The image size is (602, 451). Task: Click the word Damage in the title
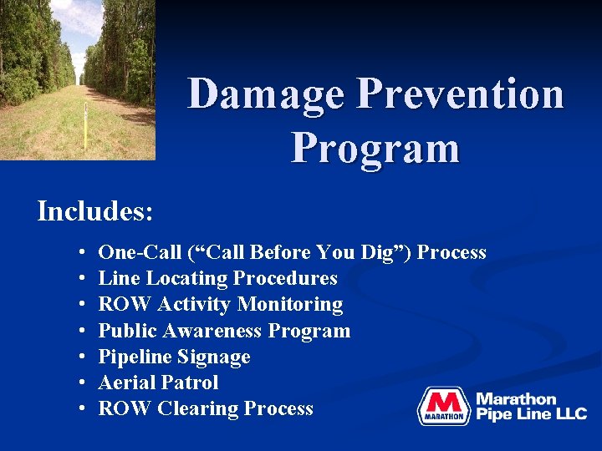[x=266, y=94]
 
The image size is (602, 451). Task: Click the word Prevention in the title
[x=460, y=94]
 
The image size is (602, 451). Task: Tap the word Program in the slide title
[x=375, y=148]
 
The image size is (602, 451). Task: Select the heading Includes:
[x=95, y=211]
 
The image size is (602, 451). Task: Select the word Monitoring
[x=294, y=304]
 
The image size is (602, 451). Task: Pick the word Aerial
[x=126, y=383]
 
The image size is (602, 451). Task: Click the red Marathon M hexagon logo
[x=443, y=407]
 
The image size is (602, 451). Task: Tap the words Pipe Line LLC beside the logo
[x=531, y=414]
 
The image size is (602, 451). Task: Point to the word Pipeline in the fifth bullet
[x=133, y=357]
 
